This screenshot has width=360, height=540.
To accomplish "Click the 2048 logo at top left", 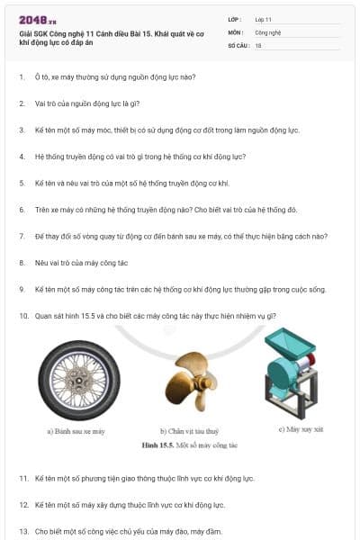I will pos(35,20).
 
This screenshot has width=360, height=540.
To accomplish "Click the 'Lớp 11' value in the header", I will pos(265,18).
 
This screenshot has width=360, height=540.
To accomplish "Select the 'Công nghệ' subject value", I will pos(267,31).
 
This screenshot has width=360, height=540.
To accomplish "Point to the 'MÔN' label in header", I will pos(235,31).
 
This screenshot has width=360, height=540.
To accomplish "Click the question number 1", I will pos(22,76).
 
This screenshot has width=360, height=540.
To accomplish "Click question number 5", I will pos(22,183).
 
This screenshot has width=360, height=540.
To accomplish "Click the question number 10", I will pos(23,316).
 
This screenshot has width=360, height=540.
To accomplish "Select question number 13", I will pos(23,531).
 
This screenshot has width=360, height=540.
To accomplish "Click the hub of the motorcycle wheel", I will pos(80,378).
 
